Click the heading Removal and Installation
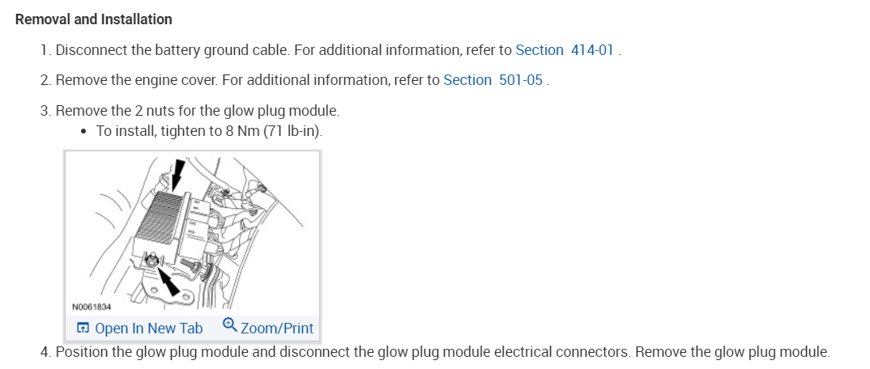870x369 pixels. click(x=94, y=19)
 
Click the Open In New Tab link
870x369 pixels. click(x=148, y=329)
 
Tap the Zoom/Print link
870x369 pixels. click(x=277, y=329)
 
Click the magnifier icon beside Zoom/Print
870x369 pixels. click(x=229, y=326)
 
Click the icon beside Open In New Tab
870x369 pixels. click(x=83, y=329)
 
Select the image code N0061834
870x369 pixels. click(x=92, y=307)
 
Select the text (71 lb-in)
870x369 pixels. click(x=293, y=131)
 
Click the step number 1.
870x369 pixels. click(x=45, y=50)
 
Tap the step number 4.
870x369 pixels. click(x=45, y=352)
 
